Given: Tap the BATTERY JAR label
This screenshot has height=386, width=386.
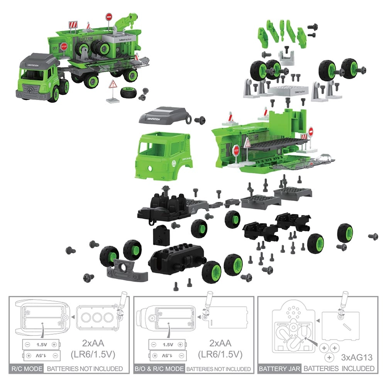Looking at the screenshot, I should pyautogui.click(x=279, y=369).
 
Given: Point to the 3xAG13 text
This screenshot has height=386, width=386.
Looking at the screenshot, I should pyautogui.click(x=357, y=357).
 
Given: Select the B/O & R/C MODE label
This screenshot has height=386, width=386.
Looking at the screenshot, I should pyautogui.click(x=159, y=369).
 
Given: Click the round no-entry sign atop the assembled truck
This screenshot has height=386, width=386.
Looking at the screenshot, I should pyautogui.click(x=108, y=17).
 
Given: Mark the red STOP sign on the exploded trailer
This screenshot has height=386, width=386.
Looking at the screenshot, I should pyautogui.click(x=236, y=149).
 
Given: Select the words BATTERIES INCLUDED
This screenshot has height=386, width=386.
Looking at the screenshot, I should pyautogui.click(x=339, y=369).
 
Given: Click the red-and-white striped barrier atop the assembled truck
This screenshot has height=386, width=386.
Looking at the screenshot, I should pyautogui.click(x=73, y=25).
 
